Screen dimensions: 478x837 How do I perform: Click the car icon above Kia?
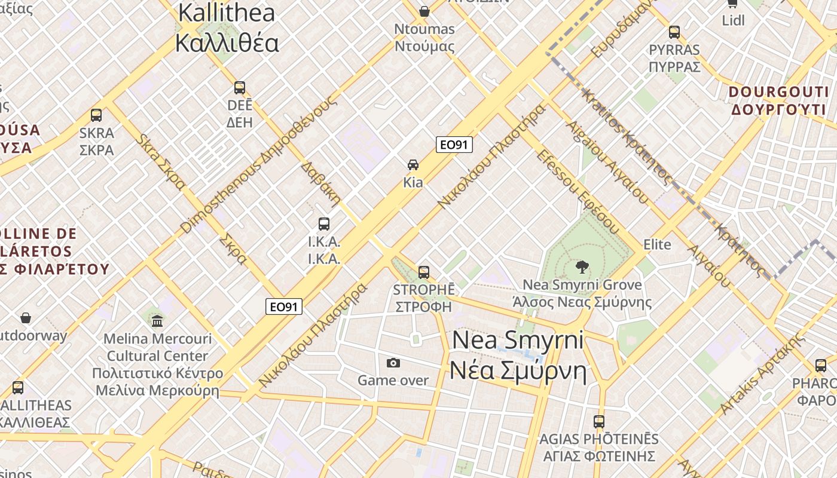coord(413,164)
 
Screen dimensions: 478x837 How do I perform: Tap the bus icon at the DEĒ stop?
coord(240,88)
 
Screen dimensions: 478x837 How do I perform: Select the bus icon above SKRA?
coord(96,115)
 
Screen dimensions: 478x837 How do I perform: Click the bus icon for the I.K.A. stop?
coord(323,224)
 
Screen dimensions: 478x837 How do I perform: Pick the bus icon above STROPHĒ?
coord(424,272)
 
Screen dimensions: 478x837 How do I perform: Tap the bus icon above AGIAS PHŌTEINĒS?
coord(599,421)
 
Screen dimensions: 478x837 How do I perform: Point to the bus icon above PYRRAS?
coord(674,32)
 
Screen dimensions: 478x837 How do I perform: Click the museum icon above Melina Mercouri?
coord(157,321)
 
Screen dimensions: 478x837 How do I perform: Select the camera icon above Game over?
coord(393,363)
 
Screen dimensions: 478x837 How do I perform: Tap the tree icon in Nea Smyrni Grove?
coord(581,266)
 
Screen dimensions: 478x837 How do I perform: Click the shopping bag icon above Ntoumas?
coord(424,11)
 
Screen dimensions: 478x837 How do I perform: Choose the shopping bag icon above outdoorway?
coord(26,318)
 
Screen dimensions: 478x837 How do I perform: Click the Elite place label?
coord(657,244)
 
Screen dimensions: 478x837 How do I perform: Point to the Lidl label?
coord(733,20)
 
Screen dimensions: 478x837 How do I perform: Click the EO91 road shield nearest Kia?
coord(454,145)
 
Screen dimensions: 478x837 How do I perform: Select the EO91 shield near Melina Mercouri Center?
coord(284,307)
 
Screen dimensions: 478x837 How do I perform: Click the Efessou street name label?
coord(578,191)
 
